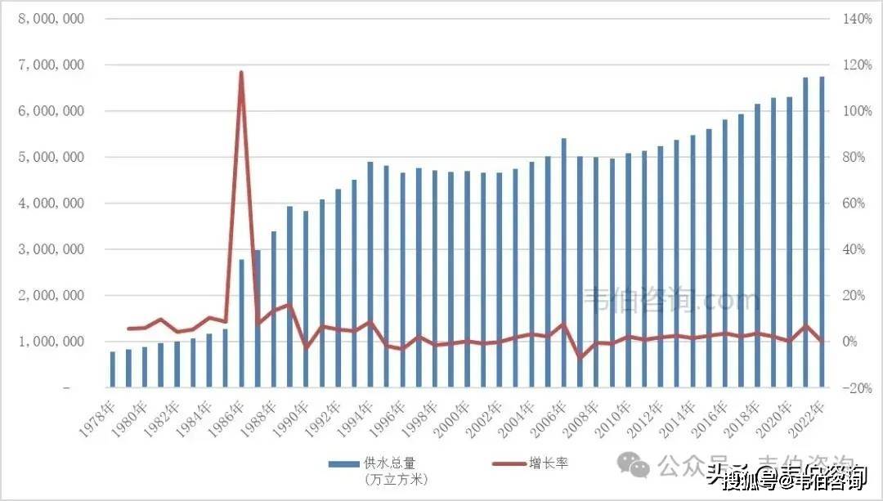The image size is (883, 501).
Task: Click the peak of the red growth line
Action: (241, 73)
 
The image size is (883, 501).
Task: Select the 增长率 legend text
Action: (552, 463)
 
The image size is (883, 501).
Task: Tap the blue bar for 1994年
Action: (370, 275)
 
